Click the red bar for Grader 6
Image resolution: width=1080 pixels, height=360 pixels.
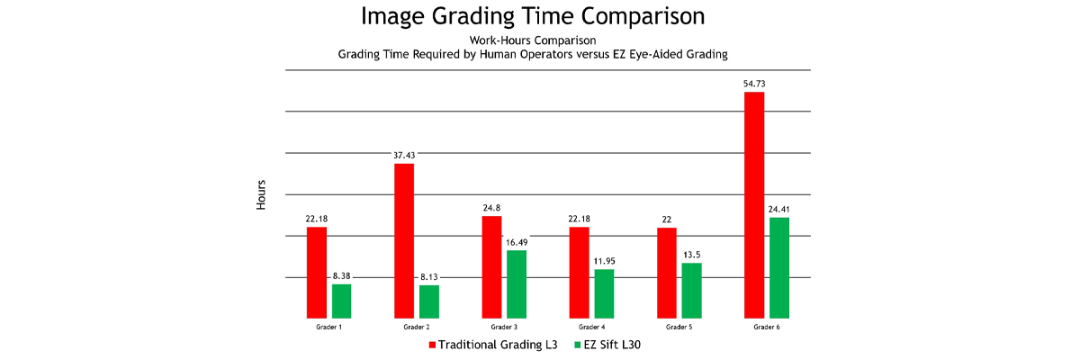pos(754,205)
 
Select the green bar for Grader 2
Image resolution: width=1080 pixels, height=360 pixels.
pos(429,301)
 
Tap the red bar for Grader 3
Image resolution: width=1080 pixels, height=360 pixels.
pos(491,267)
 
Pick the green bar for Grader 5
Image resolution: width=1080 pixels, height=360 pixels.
pos(692,291)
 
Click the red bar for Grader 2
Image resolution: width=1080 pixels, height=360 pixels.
pos(404,240)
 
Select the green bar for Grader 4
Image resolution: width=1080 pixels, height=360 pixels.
pos(604,293)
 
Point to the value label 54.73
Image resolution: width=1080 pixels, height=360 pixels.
pos(754,84)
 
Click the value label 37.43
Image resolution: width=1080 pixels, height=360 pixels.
pos(404,155)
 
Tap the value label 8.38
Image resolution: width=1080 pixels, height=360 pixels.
pos(341,275)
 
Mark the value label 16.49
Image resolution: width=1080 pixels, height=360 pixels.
pos(517,241)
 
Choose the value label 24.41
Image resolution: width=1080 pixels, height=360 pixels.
pos(779,209)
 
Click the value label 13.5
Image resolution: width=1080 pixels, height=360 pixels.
pos(692,255)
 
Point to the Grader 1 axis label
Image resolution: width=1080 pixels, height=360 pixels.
pos(328,327)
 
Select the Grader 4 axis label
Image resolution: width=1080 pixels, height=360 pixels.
pos(591,327)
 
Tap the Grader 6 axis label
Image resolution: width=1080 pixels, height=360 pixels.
pos(767,327)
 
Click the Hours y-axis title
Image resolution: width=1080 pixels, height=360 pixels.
pos(261,195)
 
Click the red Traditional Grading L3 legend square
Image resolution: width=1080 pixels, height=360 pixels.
pos(432,345)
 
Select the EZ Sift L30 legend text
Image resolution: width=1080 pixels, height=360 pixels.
pos(613,345)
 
